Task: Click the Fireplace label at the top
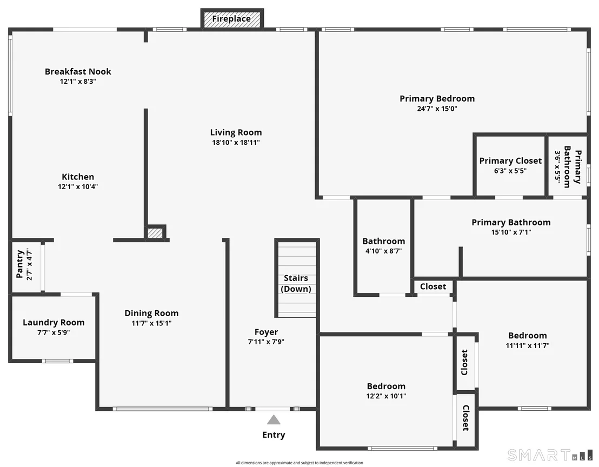231,19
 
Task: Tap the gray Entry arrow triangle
274,420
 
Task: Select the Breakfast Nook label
78,71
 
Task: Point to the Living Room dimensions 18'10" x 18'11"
236,143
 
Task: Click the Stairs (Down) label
296,283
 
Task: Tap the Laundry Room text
54,322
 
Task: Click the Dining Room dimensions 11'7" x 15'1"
152,323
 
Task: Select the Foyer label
267,332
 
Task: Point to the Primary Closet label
510,161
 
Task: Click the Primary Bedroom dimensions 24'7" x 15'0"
437,109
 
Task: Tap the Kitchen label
78,177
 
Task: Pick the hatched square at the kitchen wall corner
155,233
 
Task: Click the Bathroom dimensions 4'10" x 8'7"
383,251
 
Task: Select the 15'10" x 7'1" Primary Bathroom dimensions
511,232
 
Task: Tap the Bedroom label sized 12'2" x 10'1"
386,386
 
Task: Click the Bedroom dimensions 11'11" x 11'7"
528,345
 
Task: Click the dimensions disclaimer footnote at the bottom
299,463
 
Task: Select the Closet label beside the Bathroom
433,286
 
